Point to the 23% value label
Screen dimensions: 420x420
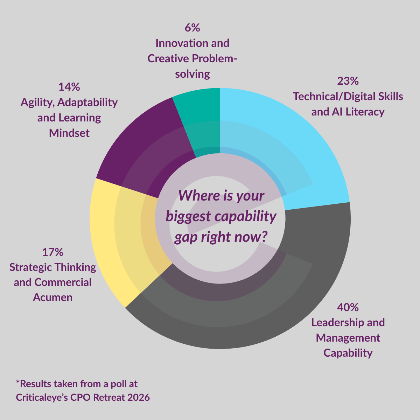click(x=348, y=81)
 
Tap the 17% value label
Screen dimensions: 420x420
click(x=52, y=252)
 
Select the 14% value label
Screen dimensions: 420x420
click(x=69, y=86)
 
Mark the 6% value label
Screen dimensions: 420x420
click(x=192, y=28)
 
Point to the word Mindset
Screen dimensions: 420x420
click(x=69, y=133)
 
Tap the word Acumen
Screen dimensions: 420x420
click(x=52, y=297)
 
